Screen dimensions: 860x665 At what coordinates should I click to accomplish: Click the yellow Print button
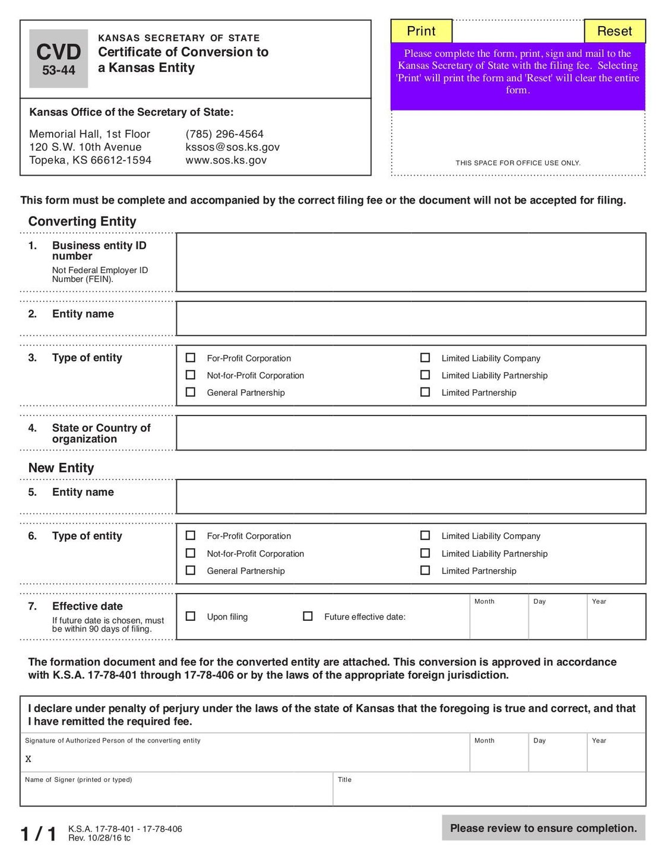421,31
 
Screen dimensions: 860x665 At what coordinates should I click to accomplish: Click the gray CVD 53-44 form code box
59,59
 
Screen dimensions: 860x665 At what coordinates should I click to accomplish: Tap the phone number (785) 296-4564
224,134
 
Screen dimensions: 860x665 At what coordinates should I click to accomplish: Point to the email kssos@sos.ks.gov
232,147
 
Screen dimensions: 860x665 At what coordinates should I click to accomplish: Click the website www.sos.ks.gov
226,160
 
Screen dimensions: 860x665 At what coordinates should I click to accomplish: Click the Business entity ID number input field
411,262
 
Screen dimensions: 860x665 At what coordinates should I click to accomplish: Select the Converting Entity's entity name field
411,319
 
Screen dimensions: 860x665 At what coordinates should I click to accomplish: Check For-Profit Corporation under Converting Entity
191,358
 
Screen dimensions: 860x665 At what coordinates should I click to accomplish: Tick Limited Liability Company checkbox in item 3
425,358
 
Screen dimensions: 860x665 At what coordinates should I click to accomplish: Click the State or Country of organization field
411,433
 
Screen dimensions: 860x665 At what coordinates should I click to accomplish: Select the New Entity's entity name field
411,497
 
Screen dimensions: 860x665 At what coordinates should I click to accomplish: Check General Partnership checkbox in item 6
191,570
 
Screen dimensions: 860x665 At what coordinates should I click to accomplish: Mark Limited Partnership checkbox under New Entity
425,570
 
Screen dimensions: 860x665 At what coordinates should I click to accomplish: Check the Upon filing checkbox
191,616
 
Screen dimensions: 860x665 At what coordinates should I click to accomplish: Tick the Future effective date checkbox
308,616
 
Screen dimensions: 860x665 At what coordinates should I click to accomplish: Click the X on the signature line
28,759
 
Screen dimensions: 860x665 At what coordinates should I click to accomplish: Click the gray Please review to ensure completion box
543,828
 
